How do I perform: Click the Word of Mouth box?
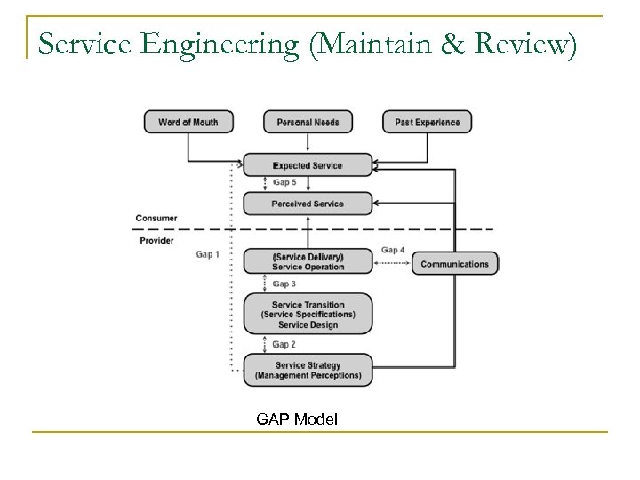[188, 122]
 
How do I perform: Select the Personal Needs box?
[308, 122]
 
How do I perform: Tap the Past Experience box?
[428, 122]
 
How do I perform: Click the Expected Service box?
[308, 165]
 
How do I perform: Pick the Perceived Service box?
[308, 204]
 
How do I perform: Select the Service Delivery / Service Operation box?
[308, 261]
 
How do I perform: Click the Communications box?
[454, 264]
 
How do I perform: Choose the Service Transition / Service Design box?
[308, 314]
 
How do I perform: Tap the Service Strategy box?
[308, 370]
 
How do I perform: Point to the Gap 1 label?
[208, 255]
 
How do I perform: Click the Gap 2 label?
[284, 344]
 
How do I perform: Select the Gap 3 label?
[284, 284]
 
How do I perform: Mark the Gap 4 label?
[393, 250]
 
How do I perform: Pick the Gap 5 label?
[284, 183]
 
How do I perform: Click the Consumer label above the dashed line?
[156, 218]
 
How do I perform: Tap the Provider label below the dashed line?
[156, 241]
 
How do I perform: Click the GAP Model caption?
[297, 418]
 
